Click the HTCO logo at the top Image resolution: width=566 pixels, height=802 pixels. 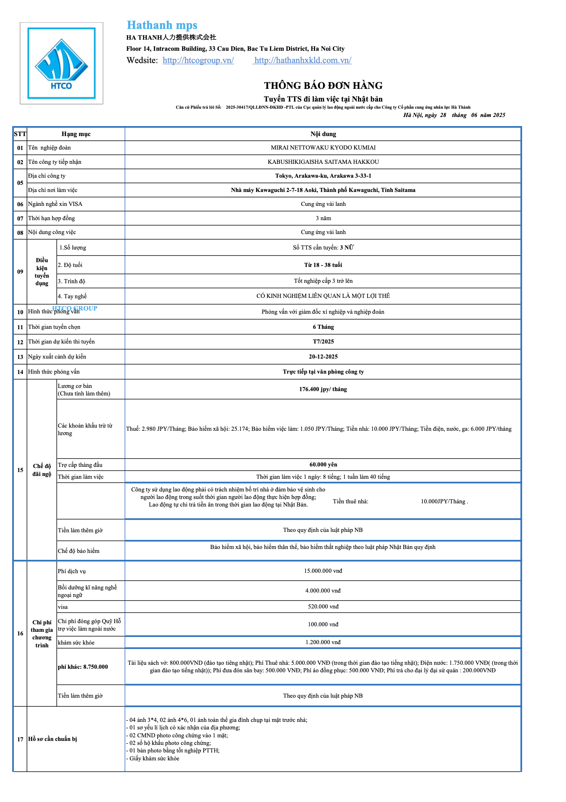pyautogui.click(x=62, y=63)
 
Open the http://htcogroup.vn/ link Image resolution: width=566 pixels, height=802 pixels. pyautogui.click(x=198, y=60)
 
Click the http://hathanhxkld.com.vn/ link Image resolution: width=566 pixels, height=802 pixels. pyautogui.click(x=303, y=60)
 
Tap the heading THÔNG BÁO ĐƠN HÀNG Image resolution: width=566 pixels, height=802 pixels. pyautogui.click(x=323, y=86)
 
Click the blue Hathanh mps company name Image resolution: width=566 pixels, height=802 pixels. pyautogui.click(x=162, y=25)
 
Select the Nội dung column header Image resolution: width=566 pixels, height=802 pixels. pyautogui.click(x=323, y=134)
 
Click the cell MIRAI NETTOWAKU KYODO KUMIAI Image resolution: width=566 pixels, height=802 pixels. pyautogui.click(x=323, y=148)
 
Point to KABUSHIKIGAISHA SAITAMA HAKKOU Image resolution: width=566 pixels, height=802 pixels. pyautogui.click(x=323, y=162)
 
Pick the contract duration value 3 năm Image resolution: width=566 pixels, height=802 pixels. pyautogui.click(x=323, y=218)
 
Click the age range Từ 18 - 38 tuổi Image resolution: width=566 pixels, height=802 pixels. pyautogui.click(x=323, y=265)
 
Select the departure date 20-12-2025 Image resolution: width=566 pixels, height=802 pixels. pyautogui.click(x=323, y=357)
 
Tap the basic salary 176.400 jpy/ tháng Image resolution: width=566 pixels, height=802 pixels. pyautogui.click(x=323, y=389)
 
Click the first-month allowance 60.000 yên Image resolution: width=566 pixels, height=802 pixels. pyautogui.click(x=323, y=464)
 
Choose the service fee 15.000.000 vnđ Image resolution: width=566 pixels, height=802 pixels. pyautogui.click(x=323, y=571)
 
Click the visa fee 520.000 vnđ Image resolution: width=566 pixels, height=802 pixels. pyautogui.click(x=323, y=606)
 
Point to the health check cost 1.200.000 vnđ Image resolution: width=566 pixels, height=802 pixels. pyautogui.click(x=323, y=642)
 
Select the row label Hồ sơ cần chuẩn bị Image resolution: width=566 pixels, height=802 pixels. pyautogui.click(x=52, y=739)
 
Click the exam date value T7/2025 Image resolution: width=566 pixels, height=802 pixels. pyautogui.click(x=323, y=342)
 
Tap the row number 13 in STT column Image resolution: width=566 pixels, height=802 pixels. pyautogui.click(x=20, y=357)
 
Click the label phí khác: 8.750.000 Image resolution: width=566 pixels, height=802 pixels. pyautogui.click(x=83, y=667)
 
